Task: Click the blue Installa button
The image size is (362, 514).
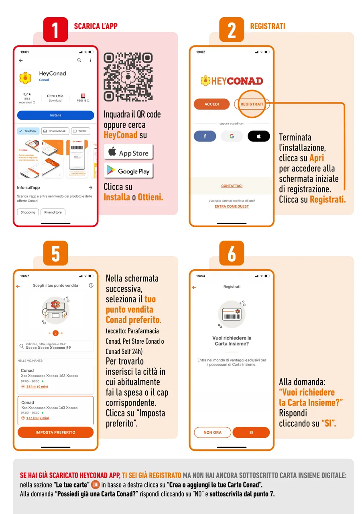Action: [x=55, y=115]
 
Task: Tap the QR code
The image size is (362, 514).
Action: [x=128, y=77]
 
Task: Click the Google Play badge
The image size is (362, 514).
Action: [x=128, y=171]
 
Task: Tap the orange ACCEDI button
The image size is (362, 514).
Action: [x=212, y=104]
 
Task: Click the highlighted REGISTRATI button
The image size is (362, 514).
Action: [x=252, y=104]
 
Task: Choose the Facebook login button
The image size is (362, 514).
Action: [x=205, y=137]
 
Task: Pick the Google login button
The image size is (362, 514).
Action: [x=232, y=137]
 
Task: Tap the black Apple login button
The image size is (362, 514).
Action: [x=259, y=137]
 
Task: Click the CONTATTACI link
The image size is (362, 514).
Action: [x=232, y=186]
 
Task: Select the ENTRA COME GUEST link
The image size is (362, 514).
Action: [x=232, y=206]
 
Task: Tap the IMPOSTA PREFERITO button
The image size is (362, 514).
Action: [x=55, y=432]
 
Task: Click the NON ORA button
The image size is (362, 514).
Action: [x=212, y=432]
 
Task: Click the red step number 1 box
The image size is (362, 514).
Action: [x=55, y=29]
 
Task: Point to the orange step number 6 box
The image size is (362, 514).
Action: [x=232, y=253]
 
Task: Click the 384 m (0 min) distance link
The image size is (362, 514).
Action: [x=37, y=387]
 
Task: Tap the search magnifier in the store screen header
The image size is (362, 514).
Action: [x=79, y=60]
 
